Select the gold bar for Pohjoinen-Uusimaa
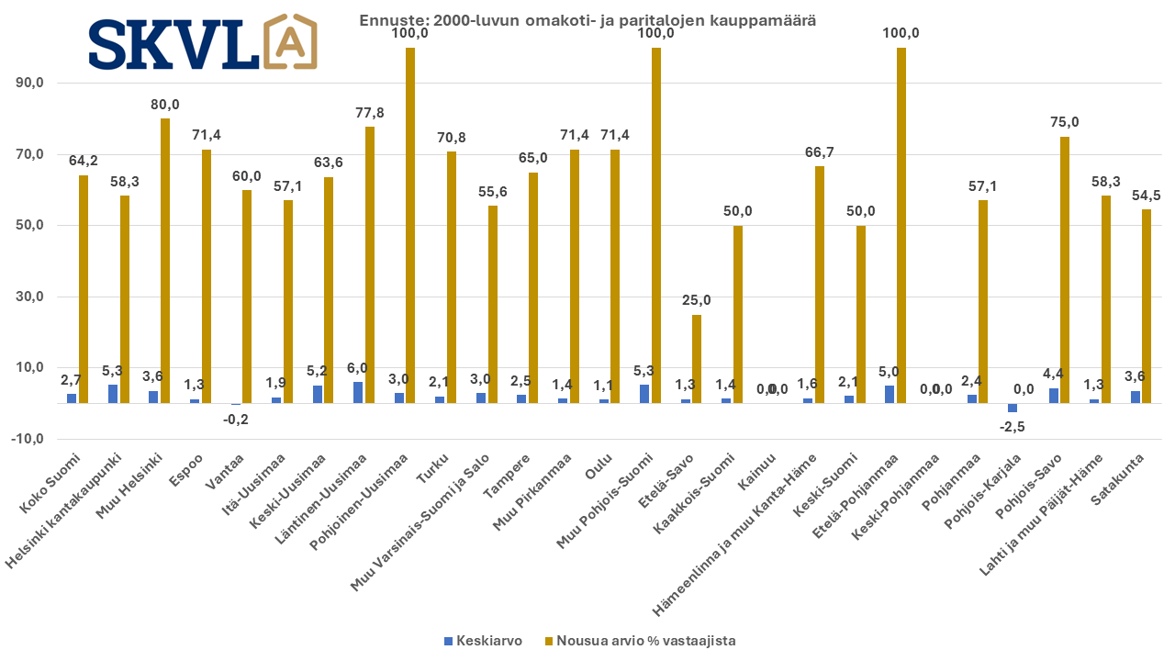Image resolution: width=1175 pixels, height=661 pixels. (410, 225)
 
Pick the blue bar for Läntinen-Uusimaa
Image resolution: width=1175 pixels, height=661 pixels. (358, 392)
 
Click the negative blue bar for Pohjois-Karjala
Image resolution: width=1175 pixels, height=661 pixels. (1013, 408)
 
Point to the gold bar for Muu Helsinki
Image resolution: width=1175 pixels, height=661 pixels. (165, 261)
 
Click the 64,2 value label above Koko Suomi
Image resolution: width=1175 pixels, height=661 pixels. (84, 161)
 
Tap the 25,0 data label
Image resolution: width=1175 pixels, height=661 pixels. (697, 300)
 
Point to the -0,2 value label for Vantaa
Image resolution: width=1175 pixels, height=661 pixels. (235, 420)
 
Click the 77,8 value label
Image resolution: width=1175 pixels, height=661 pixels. (369, 112)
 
